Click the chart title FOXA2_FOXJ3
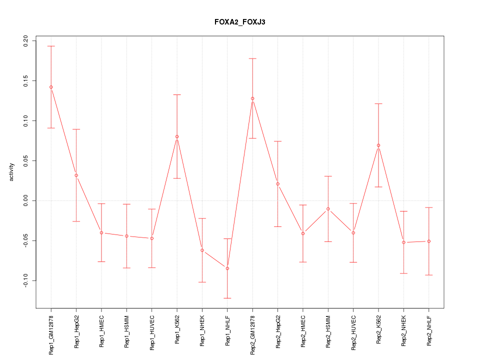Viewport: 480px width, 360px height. (239, 22)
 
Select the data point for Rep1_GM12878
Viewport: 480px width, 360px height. (51, 87)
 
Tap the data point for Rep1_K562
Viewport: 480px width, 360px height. (177, 136)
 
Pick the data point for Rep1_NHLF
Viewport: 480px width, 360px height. (227, 268)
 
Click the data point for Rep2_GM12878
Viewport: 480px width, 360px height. (252, 98)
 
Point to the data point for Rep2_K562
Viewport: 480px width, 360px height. (378, 145)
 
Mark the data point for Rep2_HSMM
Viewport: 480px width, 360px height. (328, 209)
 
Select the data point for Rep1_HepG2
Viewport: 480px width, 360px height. (76, 175)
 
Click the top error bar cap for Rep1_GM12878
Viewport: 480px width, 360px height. (51, 46)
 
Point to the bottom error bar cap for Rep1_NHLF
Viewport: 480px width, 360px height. (227, 298)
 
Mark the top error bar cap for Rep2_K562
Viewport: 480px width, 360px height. (378, 103)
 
